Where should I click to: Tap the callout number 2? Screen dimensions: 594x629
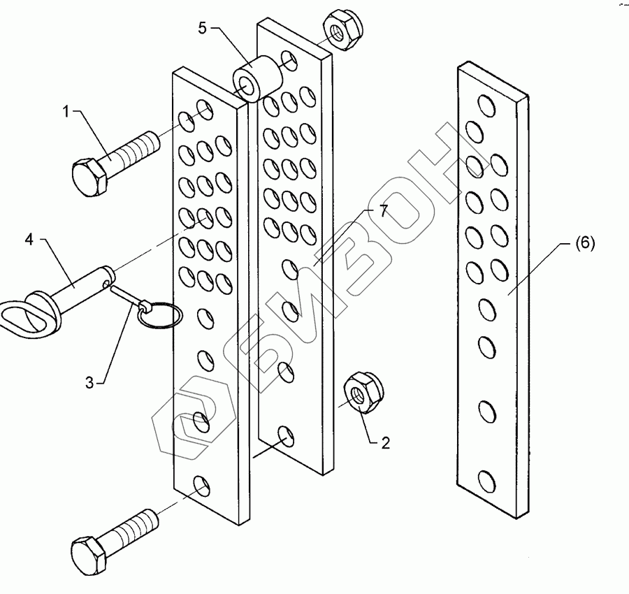tap(385, 442)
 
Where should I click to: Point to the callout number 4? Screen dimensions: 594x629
tap(29, 240)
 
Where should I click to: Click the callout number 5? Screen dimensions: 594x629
tap(202, 29)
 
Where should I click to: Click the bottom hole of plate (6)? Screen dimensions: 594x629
tap(486, 480)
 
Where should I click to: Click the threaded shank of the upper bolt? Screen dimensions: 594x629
tap(133, 150)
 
